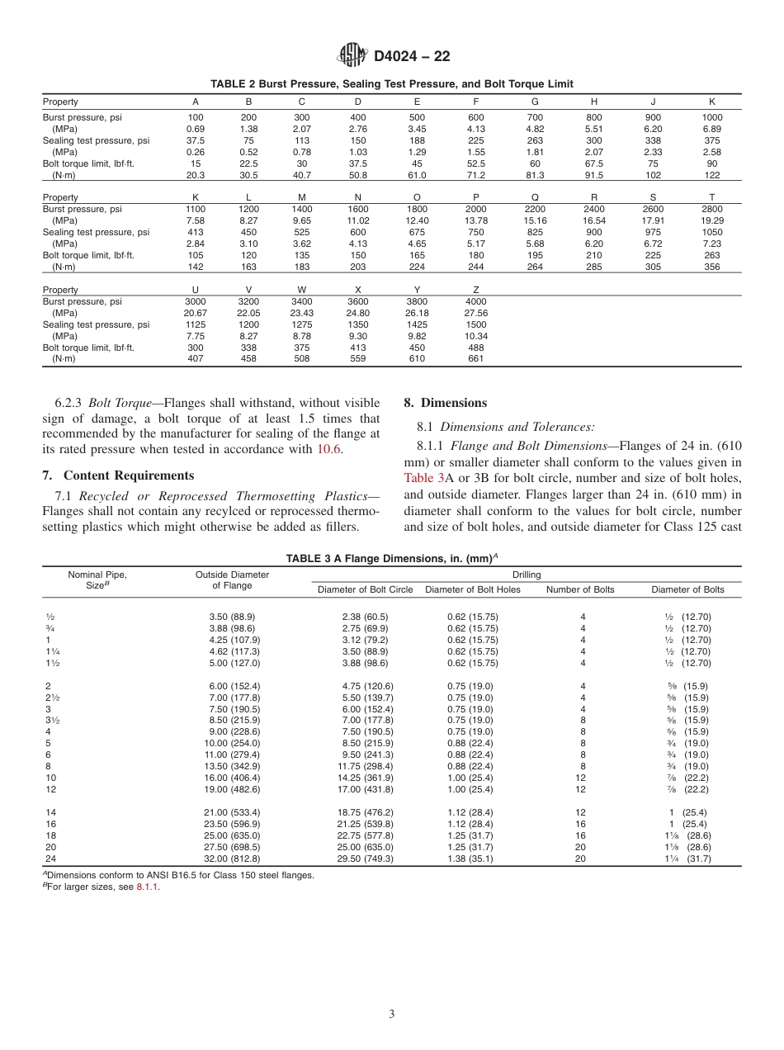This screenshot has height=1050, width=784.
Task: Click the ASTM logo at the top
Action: (352, 55)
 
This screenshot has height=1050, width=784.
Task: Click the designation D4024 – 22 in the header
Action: (412, 56)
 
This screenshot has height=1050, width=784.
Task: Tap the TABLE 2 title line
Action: (391, 84)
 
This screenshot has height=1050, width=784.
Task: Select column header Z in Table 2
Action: (476, 290)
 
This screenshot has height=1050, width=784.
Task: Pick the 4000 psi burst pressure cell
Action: (476, 302)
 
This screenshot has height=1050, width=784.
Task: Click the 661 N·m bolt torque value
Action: (476, 359)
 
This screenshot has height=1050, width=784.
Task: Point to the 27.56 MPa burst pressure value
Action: (476, 314)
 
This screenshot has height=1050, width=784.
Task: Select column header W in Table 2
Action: (301, 290)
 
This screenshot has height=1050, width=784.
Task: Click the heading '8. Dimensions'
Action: (445, 403)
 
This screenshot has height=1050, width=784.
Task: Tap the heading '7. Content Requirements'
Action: (118, 475)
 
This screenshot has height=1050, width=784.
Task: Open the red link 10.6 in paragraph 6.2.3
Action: (328, 449)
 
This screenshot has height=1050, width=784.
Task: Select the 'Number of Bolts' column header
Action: (581, 589)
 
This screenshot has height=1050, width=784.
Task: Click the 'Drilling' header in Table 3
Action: (527, 574)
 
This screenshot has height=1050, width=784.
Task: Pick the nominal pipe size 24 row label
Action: (50, 858)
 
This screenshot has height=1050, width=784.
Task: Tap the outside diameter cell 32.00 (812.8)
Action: (234, 858)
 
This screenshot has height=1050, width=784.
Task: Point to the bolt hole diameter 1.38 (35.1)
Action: (474, 858)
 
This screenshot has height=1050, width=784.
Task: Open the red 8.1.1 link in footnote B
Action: (148, 887)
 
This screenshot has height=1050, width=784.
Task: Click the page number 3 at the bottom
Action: (391, 1015)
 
